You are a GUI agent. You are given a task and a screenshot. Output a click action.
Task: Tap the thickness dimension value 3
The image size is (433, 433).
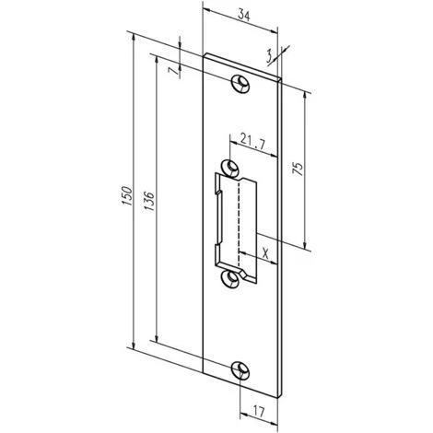point(269,56)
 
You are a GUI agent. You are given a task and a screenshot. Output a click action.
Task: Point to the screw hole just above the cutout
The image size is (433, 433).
point(231,166)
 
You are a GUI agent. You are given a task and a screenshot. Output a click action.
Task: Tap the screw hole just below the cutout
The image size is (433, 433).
point(231,278)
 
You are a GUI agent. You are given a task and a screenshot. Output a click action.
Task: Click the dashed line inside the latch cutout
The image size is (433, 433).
point(238,221)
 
